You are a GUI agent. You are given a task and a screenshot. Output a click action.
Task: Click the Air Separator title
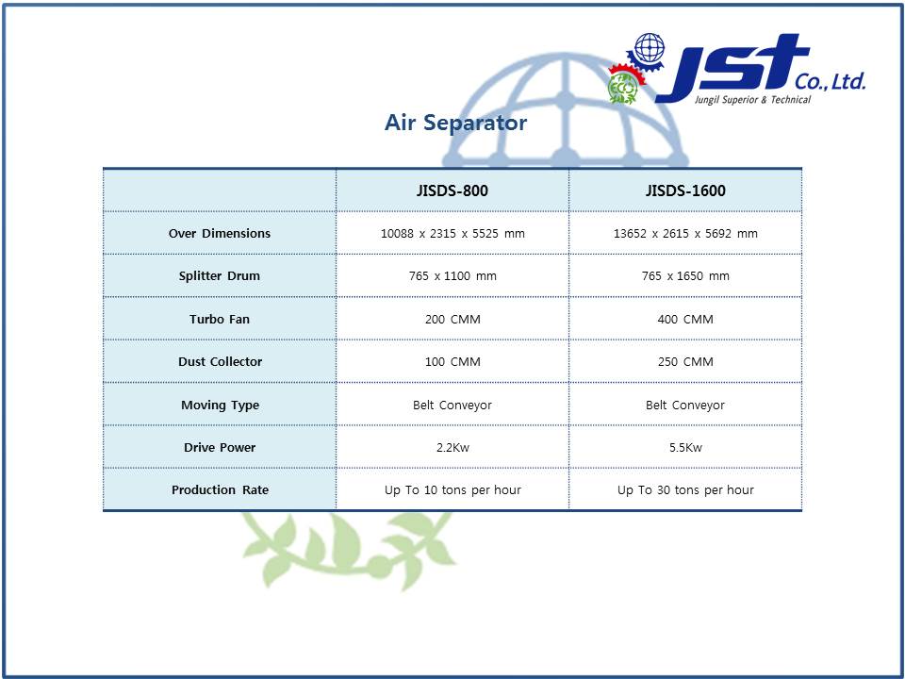pos(455,123)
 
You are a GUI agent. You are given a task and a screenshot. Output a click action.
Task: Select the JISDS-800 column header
pos(452,190)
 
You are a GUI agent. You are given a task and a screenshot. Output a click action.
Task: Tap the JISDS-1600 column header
pos(685,190)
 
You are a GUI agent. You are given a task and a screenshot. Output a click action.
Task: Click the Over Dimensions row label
pos(220,233)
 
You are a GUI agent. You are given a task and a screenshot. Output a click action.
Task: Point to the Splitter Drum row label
pos(220,276)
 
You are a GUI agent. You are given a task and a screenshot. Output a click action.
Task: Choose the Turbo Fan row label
pos(220,319)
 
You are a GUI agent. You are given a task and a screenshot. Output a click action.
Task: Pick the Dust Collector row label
pos(220,361)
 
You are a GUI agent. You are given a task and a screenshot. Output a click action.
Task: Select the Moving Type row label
pos(220,405)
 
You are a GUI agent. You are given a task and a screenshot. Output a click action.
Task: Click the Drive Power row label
pos(220,447)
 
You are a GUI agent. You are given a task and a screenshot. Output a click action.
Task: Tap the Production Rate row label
pos(220,489)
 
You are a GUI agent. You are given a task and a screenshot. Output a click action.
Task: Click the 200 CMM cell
pos(452,319)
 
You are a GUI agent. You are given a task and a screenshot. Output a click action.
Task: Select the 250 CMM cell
pos(685,361)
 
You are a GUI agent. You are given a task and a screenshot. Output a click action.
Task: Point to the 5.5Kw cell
pos(685,447)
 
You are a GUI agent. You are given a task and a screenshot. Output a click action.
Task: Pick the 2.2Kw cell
pos(452,447)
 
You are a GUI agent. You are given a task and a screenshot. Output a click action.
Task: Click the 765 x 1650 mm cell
pos(685,276)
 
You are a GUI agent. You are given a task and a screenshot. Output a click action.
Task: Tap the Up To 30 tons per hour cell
pos(685,490)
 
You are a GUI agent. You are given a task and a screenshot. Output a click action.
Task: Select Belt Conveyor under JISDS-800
pos(452,406)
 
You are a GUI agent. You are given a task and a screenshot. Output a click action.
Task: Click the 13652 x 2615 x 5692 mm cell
pos(685,233)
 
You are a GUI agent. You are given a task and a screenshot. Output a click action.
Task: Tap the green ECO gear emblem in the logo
pos(623,87)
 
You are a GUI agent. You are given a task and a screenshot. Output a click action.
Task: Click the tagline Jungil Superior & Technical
pos(752,100)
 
